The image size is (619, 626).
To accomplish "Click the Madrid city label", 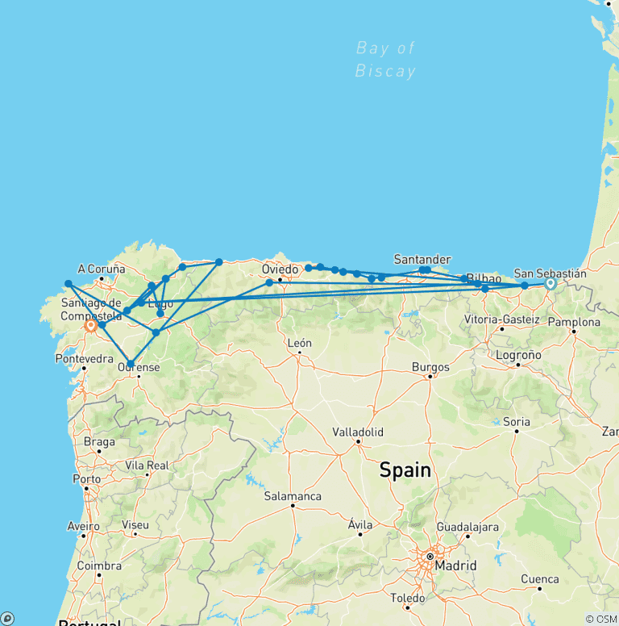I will pyautogui.click(x=455, y=565).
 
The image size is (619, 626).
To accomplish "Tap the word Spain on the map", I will pyautogui.click(x=405, y=469).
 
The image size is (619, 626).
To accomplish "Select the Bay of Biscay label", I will pyautogui.click(x=385, y=60).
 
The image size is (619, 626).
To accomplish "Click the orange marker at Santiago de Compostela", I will pyautogui.click(x=90, y=326).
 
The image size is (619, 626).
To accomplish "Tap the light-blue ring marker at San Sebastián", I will pyautogui.click(x=550, y=283).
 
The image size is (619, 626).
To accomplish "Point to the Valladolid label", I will pyautogui.click(x=358, y=432).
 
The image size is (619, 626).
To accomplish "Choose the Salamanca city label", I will pyautogui.click(x=293, y=496).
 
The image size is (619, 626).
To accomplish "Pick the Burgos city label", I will pyautogui.click(x=430, y=367).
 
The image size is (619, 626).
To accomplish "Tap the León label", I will pyautogui.click(x=299, y=343).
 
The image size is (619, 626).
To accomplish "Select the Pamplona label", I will pyautogui.click(x=574, y=322).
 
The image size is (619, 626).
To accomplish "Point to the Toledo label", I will pyautogui.click(x=407, y=598).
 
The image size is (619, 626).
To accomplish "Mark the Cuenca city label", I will pyautogui.click(x=539, y=578).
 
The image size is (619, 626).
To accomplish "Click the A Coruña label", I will pyautogui.click(x=102, y=269).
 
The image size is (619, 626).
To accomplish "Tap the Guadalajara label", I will pyautogui.click(x=467, y=527).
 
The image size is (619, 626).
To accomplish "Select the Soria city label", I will pyautogui.click(x=516, y=421).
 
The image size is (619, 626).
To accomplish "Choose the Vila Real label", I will pyautogui.click(x=147, y=465).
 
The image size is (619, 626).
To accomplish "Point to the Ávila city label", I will pyautogui.click(x=360, y=524).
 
